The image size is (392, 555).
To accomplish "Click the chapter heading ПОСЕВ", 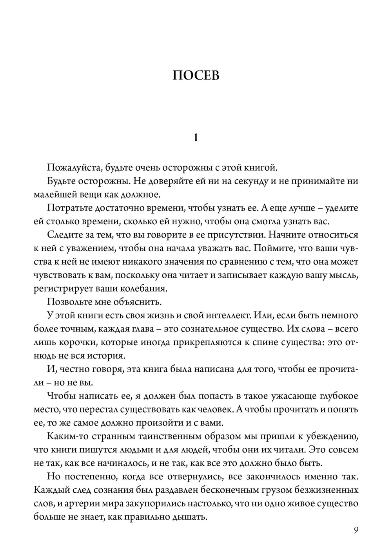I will coord(196,75).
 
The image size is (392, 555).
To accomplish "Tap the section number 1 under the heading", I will coord(196,138).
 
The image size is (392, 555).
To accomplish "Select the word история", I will coord(107,355).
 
